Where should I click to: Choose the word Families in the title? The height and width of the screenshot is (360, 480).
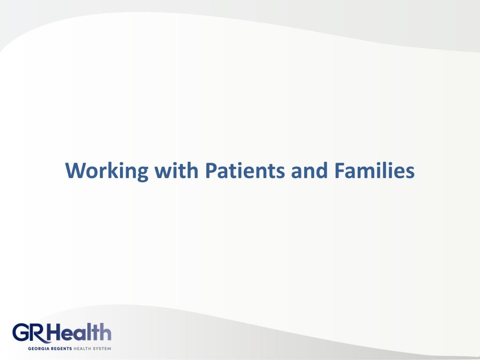coord(375,171)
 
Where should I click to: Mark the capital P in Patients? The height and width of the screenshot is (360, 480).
coord(210,171)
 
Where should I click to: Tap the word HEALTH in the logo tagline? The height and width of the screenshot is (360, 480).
coord(83,349)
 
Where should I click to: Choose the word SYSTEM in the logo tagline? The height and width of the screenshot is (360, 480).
coord(103,349)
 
